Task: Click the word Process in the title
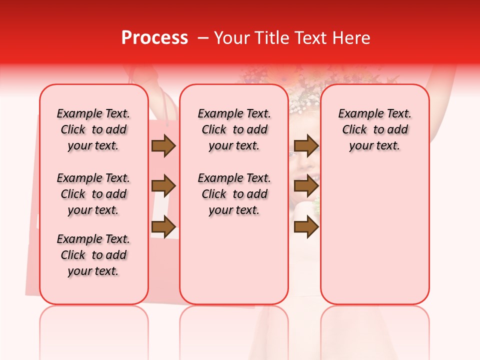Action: [x=154, y=38]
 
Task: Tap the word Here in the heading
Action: [x=352, y=38]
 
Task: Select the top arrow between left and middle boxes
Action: [x=163, y=146]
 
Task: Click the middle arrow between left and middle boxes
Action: [x=163, y=186]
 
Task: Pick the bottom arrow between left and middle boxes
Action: [x=163, y=227]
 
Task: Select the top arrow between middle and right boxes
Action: [x=306, y=146]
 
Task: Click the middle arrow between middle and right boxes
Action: [x=306, y=186]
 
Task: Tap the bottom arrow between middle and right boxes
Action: [x=306, y=227]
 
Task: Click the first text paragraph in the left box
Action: [x=93, y=129]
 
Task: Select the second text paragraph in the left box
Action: [x=93, y=194]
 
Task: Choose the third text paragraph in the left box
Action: [x=93, y=255]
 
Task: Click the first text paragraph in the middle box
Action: [x=234, y=129]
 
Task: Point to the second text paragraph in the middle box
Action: [x=234, y=194]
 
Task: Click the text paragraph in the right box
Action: [x=374, y=129]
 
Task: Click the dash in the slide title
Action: [x=203, y=38]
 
